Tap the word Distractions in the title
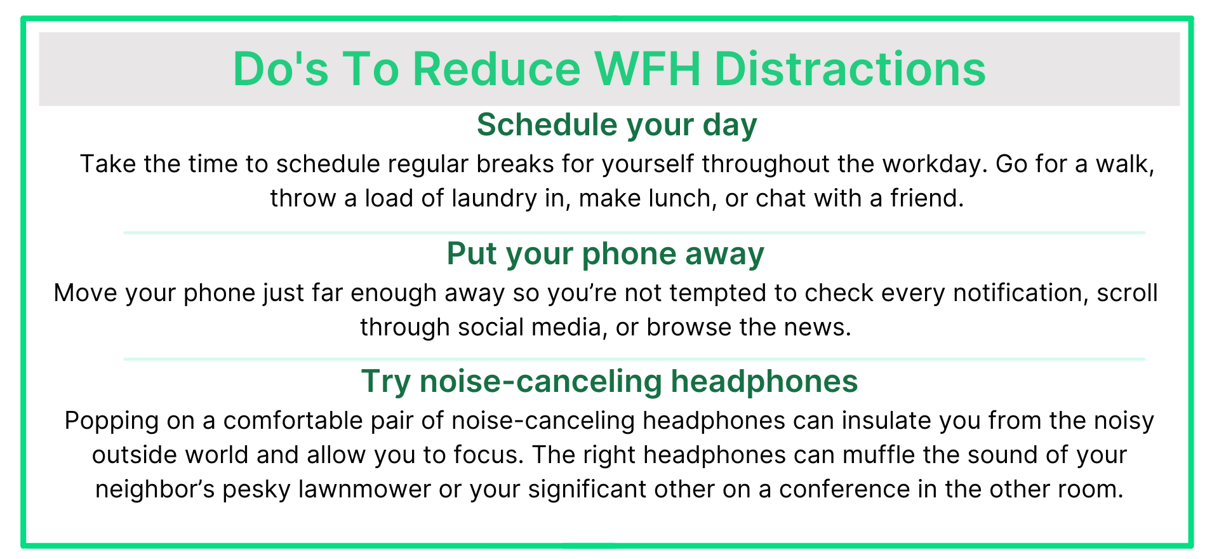850,69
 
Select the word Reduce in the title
496,69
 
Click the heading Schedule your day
616,125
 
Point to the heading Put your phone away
605,253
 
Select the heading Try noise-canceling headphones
609,381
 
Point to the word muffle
879,455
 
